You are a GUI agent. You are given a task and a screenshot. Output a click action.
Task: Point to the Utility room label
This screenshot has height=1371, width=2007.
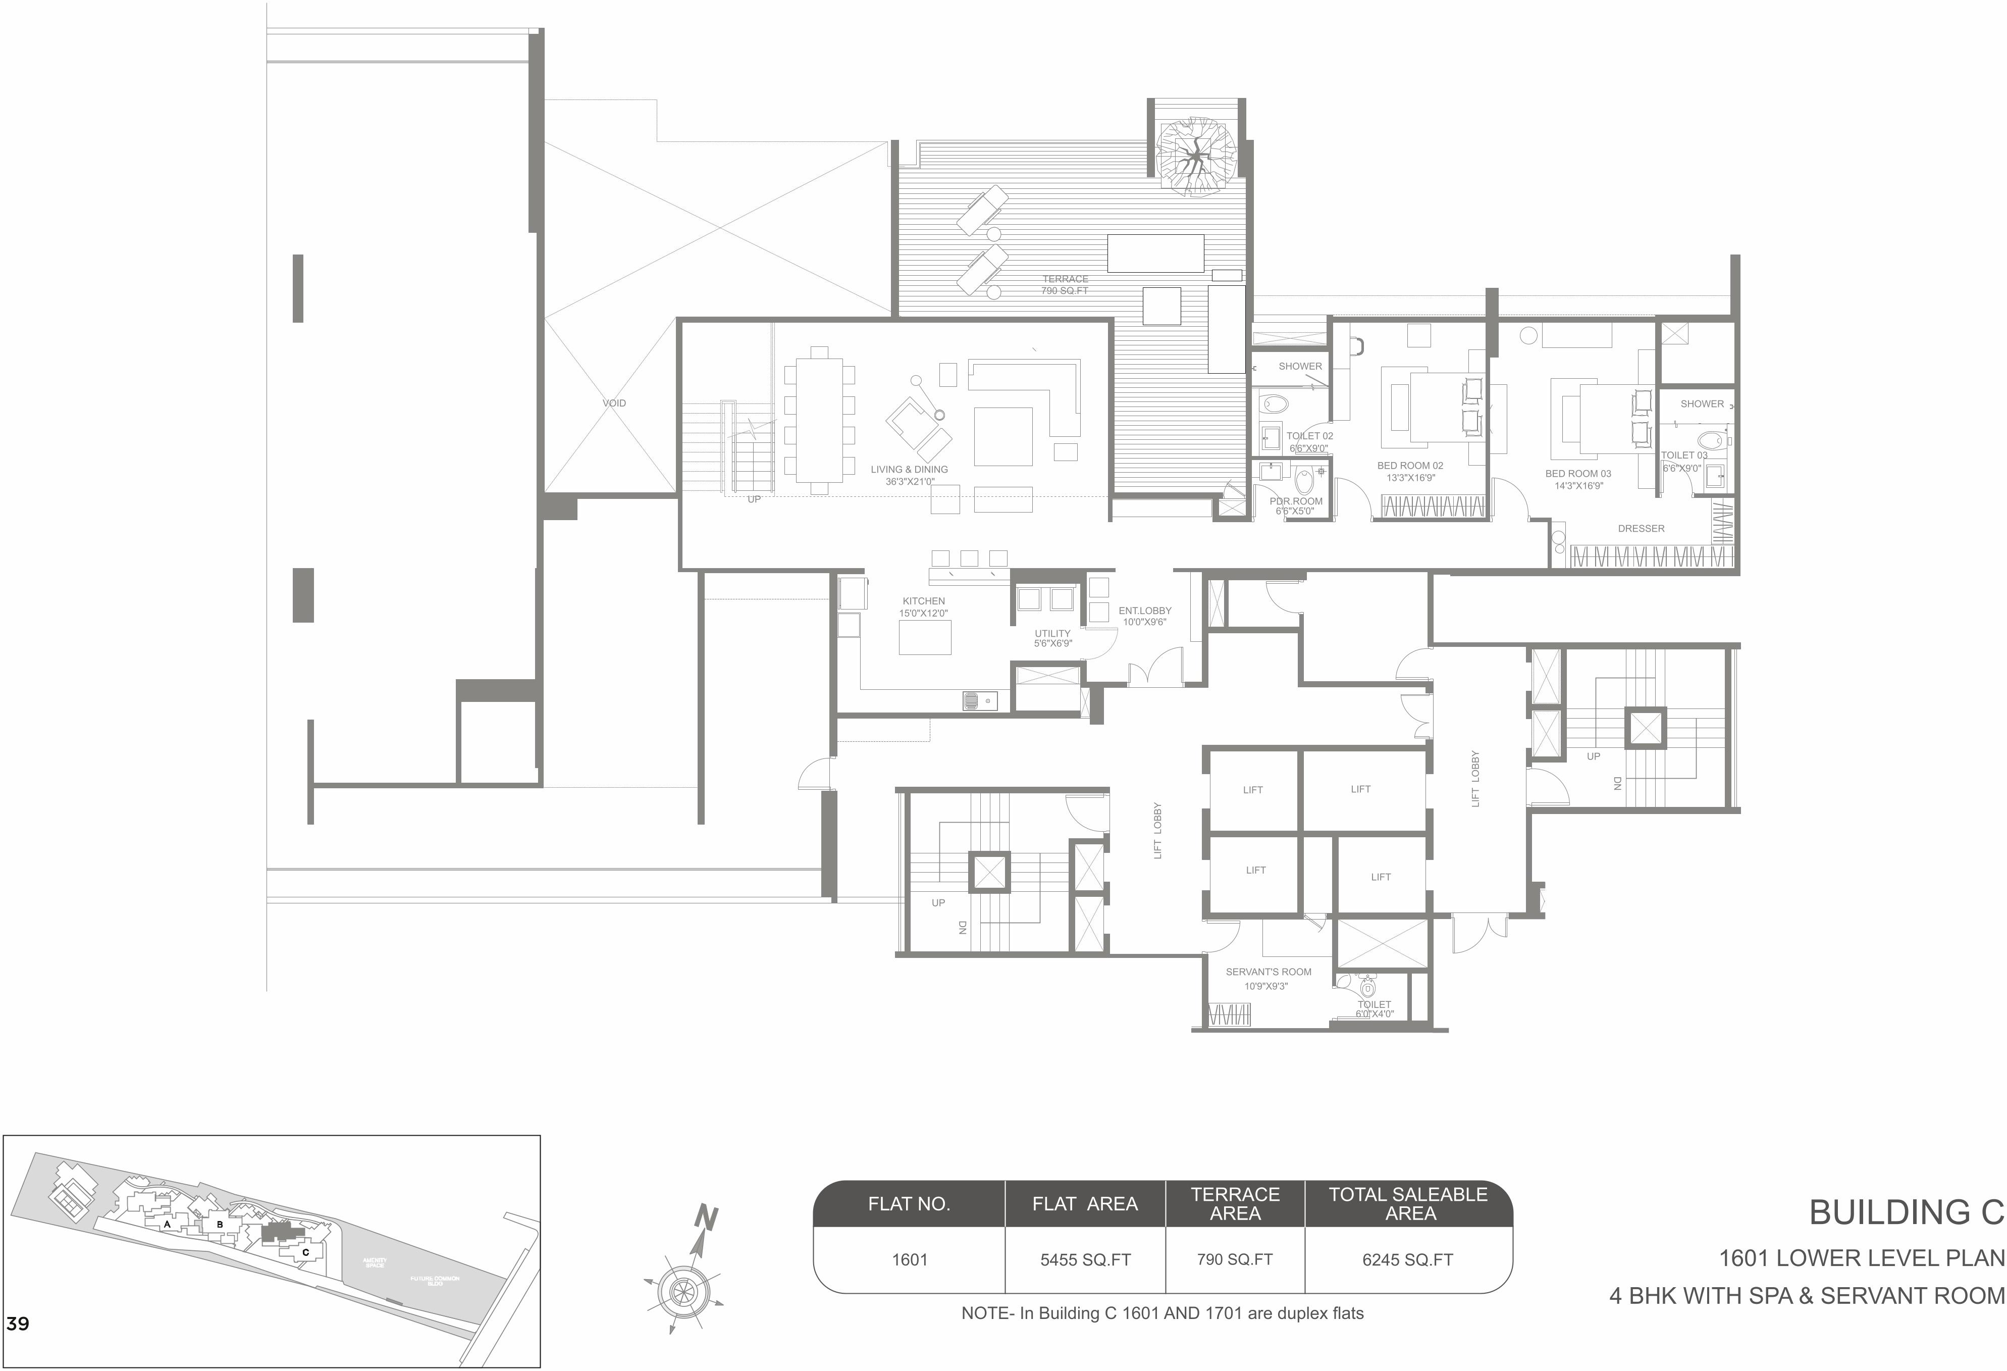click(x=1053, y=638)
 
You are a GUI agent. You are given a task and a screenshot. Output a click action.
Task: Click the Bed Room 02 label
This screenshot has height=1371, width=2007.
click(x=1409, y=471)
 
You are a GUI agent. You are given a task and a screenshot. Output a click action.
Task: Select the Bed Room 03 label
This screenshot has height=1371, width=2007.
click(x=1578, y=479)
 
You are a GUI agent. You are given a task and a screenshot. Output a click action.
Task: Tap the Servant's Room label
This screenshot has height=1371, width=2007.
click(x=1268, y=978)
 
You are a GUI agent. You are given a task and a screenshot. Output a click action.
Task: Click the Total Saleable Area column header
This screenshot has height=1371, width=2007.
click(x=1408, y=1203)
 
